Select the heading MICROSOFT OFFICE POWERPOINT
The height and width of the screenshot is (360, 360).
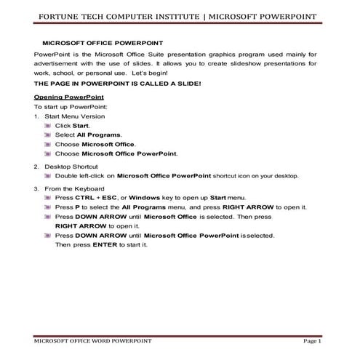point(103,44)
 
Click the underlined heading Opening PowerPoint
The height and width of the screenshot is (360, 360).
point(69,97)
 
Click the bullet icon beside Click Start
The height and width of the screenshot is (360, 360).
point(48,126)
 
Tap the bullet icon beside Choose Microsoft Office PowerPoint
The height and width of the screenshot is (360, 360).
point(48,154)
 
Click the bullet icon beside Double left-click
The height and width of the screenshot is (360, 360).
point(48,176)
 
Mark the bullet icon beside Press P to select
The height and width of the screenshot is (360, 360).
point(48,207)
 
